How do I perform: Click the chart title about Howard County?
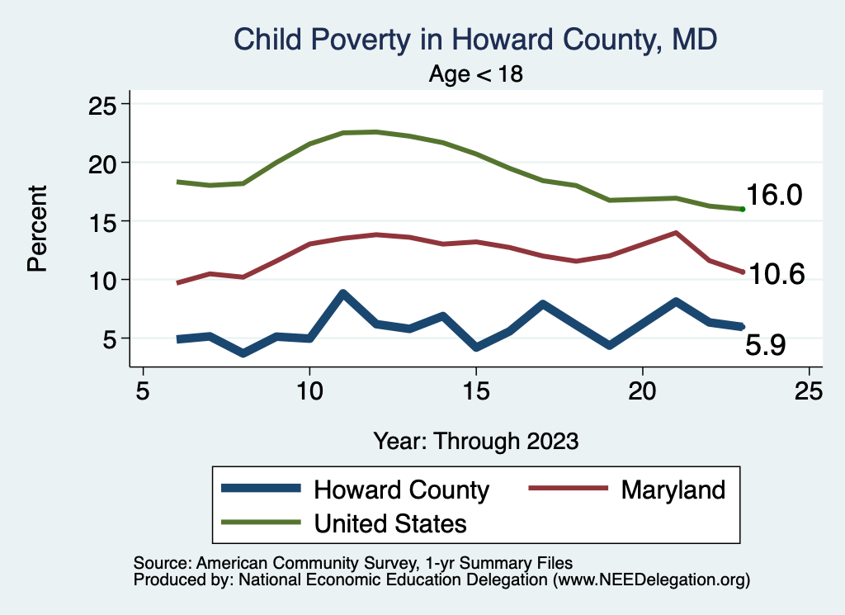476,39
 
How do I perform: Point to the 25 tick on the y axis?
104,104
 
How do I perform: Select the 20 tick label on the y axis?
104,163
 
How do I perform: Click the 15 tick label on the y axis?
104,221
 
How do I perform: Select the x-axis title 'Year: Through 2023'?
476,440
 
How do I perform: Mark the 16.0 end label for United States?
776,196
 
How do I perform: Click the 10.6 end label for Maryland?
776,274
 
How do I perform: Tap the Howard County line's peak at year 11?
342,293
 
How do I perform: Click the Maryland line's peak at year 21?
677,233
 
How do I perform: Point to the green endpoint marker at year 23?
743,209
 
